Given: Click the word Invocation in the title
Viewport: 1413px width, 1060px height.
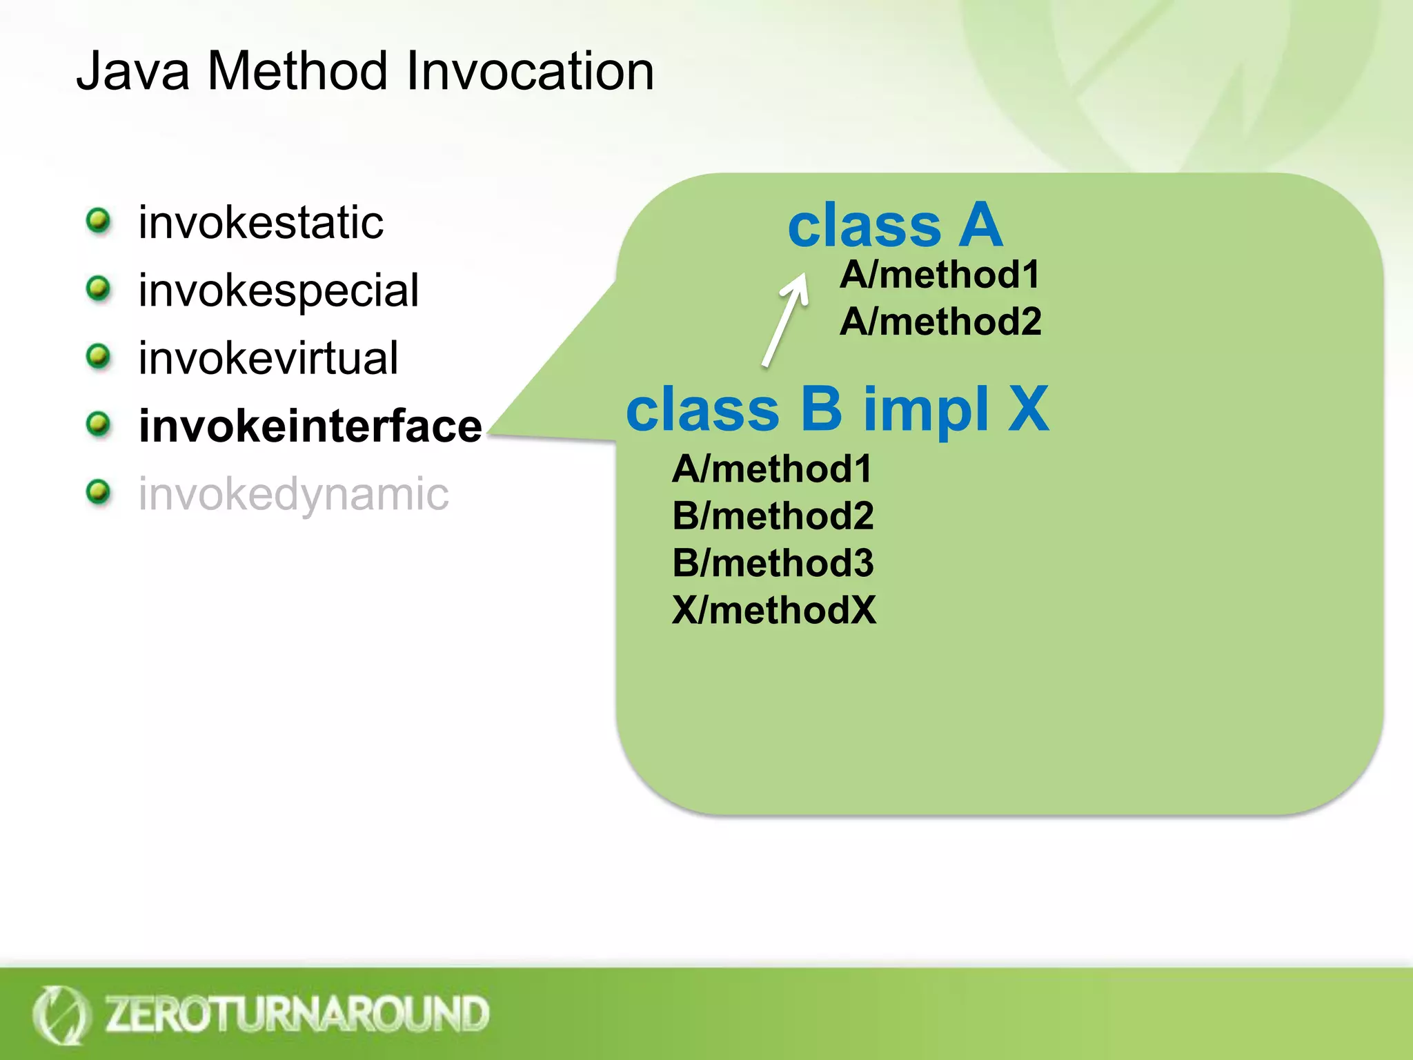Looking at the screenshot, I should click(530, 71).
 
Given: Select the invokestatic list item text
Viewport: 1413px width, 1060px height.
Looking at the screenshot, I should click(261, 223).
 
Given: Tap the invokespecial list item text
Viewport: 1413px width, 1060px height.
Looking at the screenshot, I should click(278, 291).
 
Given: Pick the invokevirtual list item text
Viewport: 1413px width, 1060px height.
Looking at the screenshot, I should click(268, 358).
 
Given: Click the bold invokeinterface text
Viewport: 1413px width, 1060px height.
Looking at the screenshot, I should click(310, 426).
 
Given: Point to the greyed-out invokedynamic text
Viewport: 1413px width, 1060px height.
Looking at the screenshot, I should click(293, 494).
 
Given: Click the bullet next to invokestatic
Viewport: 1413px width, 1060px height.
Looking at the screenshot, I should click(99, 221).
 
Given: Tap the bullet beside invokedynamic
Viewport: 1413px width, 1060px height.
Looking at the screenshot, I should click(99, 492).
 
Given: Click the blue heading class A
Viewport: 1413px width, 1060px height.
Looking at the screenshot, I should click(895, 225).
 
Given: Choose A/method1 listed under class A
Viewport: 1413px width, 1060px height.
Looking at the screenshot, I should click(940, 275).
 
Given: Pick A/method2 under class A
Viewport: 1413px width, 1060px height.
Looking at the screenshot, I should click(940, 322).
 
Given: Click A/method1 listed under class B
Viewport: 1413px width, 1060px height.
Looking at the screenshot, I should click(772, 469).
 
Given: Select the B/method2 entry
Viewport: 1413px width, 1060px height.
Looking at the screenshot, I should click(773, 516).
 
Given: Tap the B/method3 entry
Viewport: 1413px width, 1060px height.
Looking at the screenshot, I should click(773, 563).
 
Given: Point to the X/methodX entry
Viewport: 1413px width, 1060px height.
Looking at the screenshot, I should click(774, 610).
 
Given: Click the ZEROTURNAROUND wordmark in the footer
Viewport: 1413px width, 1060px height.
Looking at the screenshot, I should click(297, 1014).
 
